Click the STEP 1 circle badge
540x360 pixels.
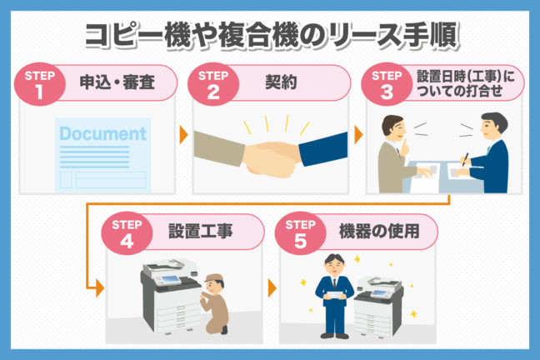[x=40, y=83]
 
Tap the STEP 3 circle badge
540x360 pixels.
[x=387, y=83]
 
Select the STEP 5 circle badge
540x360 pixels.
[x=300, y=232]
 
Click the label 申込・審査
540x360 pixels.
[x=117, y=82]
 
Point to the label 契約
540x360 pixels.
[x=281, y=82]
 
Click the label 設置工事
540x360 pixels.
[x=201, y=231]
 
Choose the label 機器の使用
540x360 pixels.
[x=379, y=231]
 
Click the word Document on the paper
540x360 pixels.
[x=103, y=133]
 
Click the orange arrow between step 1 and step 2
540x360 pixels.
[x=183, y=135]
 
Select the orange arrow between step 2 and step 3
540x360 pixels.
[x=358, y=135]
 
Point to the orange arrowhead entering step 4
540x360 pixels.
[x=100, y=288]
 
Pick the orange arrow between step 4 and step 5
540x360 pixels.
[x=272, y=288]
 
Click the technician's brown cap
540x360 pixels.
[x=214, y=278]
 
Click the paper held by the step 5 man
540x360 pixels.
[x=335, y=296]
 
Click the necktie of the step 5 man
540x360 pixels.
[x=334, y=283]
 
